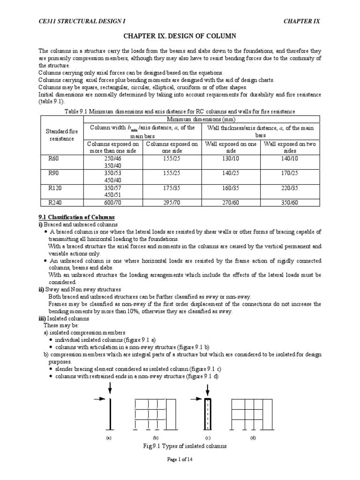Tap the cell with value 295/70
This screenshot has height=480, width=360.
point(172,204)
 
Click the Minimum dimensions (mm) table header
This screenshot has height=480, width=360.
point(202,120)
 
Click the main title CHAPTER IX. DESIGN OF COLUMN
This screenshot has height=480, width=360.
point(180,36)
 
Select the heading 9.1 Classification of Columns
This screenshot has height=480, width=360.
point(76,217)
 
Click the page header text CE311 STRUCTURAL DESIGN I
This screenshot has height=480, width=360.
point(76,22)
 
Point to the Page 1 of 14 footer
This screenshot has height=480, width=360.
point(180,459)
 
